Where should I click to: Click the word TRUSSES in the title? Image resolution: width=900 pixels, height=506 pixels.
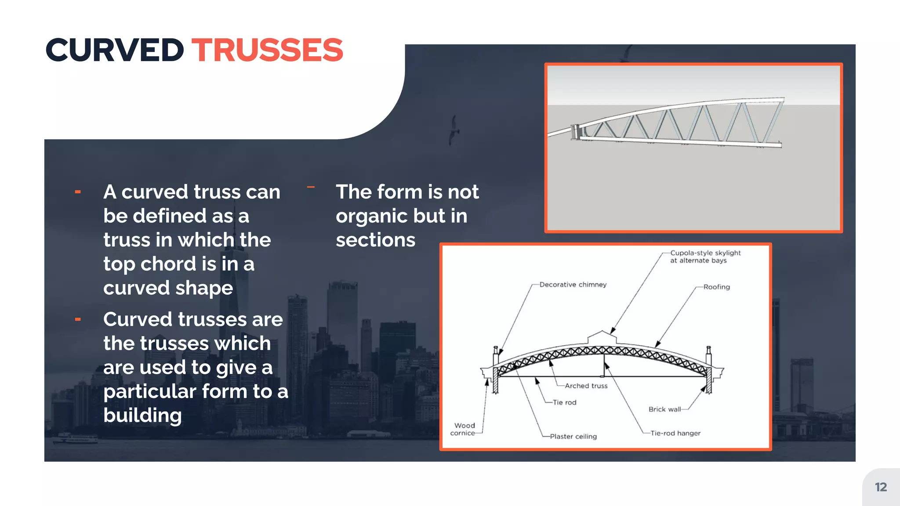[267, 50]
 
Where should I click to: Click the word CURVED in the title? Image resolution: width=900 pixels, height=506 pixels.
[115, 50]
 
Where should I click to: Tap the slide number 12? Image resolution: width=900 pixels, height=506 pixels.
[881, 487]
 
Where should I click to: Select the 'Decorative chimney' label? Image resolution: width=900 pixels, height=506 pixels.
[573, 285]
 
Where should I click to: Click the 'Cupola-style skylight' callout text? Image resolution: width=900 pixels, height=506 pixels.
[705, 257]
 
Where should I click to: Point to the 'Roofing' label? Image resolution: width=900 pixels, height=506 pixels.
[716, 287]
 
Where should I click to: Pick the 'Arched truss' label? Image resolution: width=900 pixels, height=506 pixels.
[586, 386]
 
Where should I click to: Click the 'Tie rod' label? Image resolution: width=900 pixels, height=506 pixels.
[564, 402]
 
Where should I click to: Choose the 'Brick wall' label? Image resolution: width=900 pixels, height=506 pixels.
[664, 409]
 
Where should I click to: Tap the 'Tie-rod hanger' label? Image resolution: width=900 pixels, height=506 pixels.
[675, 433]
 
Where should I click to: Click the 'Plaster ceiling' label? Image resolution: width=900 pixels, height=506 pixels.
[573, 436]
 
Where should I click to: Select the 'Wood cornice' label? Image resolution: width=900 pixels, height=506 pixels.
[464, 429]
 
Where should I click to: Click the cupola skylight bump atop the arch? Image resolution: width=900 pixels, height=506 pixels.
[602, 337]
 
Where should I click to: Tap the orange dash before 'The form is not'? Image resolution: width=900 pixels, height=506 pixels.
[311, 187]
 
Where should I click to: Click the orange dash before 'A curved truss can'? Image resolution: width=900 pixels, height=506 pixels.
[78, 192]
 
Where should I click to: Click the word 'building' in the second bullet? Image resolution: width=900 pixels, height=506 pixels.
[142, 415]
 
